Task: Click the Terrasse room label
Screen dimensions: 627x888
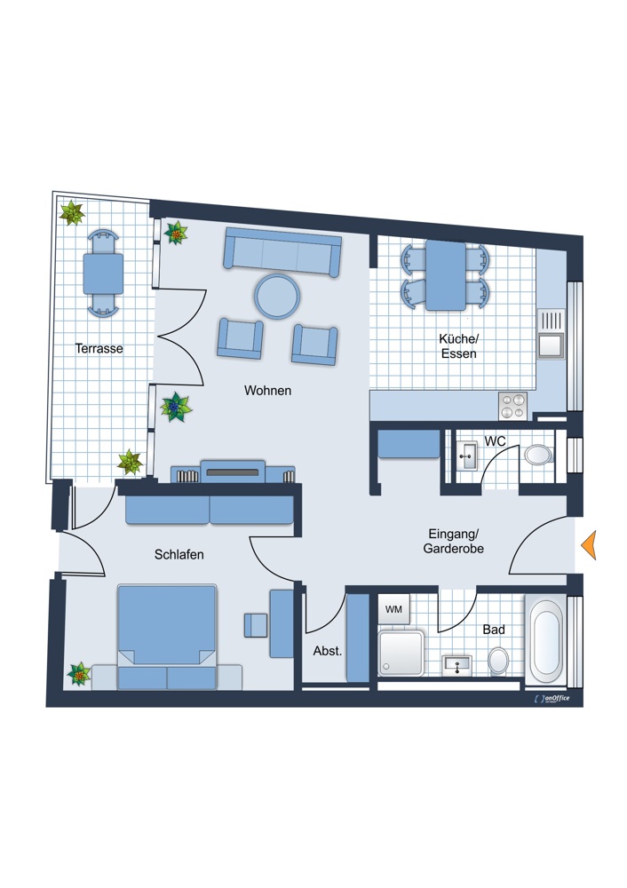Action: [x=99, y=348]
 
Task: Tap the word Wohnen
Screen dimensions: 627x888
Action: [x=267, y=390]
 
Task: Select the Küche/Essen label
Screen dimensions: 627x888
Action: [x=459, y=346]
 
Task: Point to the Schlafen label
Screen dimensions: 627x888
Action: [x=179, y=554]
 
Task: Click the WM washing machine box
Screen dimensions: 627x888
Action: [x=393, y=609]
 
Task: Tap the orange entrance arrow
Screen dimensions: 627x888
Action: [x=589, y=545]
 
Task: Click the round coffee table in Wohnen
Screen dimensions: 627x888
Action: [x=277, y=297]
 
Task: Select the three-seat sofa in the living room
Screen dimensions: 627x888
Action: [x=282, y=252]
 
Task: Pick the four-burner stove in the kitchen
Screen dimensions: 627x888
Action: [x=512, y=406]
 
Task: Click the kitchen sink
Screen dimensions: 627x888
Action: [x=552, y=334]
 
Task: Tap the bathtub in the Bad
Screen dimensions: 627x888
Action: [x=545, y=638]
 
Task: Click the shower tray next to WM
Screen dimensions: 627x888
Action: [x=401, y=652]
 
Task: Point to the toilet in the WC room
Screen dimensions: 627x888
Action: [x=538, y=454]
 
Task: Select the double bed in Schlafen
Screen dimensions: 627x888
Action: [x=167, y=636]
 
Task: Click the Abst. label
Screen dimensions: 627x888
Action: [x=328, y=651]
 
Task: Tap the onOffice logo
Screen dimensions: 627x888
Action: [x=552, y=698]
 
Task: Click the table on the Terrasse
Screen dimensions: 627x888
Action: [x=103, y=274]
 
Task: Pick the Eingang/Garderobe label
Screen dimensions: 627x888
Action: [x=453, y=541]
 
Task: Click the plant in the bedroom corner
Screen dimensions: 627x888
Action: [x=79, y=674]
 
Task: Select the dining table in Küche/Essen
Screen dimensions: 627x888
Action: [x=446, y=275]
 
